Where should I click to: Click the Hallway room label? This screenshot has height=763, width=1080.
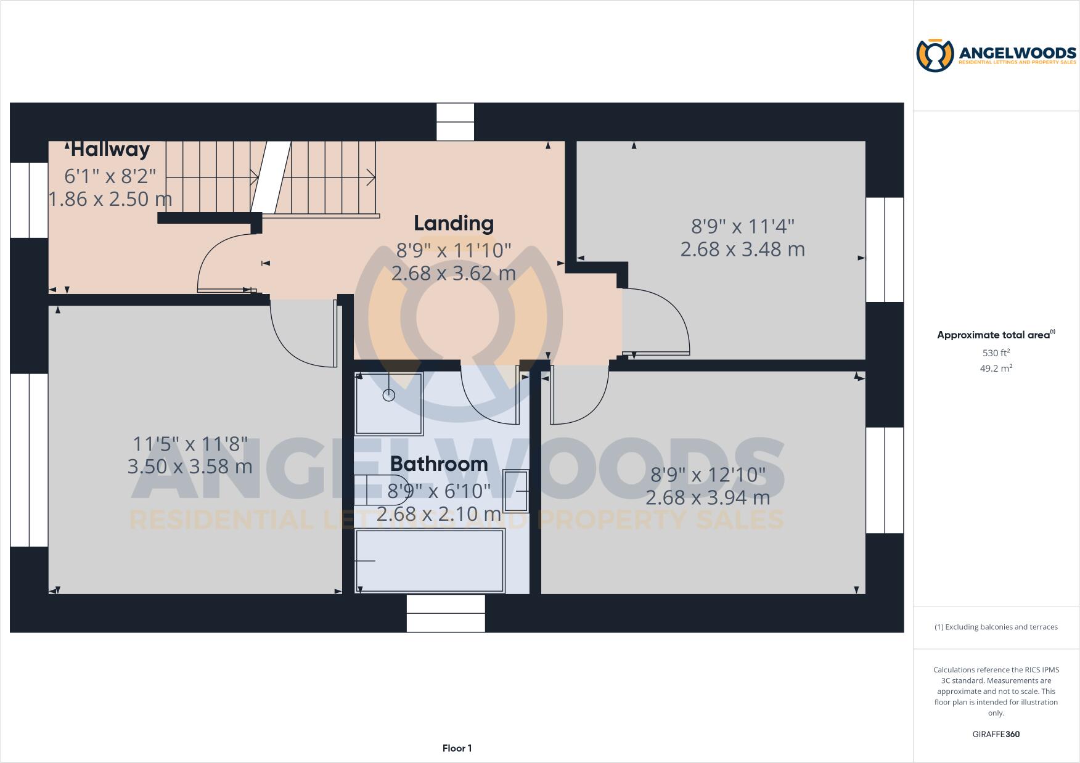110,149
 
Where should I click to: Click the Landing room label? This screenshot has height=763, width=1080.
454,223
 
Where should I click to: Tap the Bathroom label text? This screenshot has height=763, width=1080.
439,463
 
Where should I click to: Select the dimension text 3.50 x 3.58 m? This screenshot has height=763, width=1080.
190,467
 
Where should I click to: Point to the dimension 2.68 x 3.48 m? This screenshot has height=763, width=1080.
742,250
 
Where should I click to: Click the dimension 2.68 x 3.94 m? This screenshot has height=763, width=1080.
708,497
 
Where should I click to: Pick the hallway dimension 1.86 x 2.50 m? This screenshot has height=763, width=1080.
110,199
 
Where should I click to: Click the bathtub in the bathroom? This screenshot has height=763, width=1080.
430,561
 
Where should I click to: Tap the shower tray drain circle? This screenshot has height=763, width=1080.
389,395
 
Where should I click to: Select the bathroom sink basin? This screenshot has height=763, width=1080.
516,491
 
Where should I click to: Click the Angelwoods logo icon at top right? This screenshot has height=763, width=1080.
935,55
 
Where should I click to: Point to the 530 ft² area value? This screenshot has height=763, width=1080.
996,353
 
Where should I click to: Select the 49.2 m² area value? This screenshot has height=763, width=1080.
996,369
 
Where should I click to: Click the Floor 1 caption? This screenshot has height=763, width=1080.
457,748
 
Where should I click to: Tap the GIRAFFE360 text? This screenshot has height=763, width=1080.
996,734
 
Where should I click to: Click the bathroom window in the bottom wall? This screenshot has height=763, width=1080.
446,613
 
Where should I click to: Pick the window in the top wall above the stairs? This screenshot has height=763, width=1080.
456,121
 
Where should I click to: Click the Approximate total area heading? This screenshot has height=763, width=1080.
996,335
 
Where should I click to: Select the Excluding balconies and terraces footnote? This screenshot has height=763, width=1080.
996,627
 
